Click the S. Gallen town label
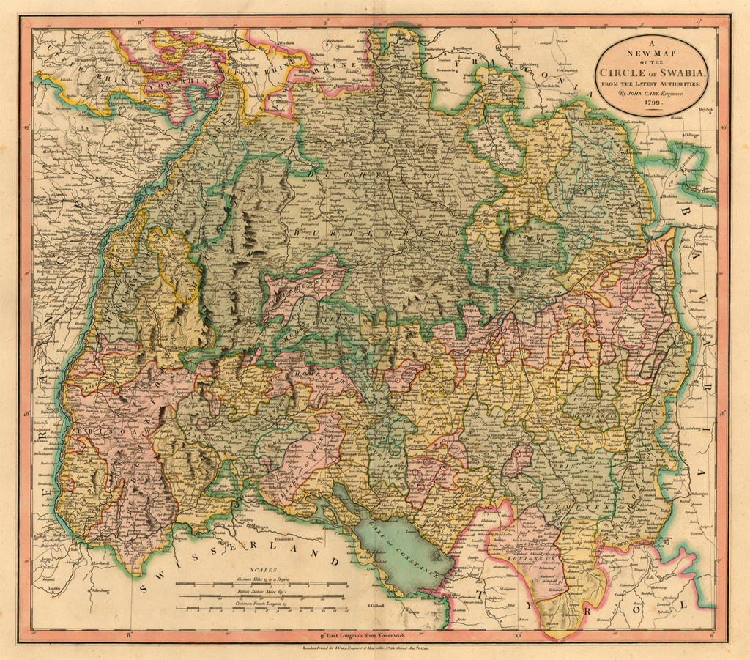(x=376, y=606)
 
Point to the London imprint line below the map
(x=374, y=649)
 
